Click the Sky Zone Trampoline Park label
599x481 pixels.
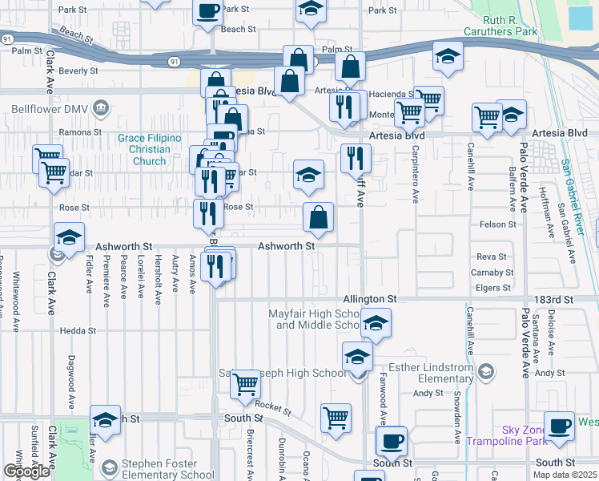[525, 436]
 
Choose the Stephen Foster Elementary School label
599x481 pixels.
[168, 469]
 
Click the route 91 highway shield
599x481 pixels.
[174, 62]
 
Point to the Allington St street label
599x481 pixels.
[371, 299]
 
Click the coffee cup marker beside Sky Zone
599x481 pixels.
[559, 426]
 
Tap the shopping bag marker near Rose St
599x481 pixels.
[318, 216]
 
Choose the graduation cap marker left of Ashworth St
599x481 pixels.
[70, 238]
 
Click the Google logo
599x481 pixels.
[26, 471]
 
